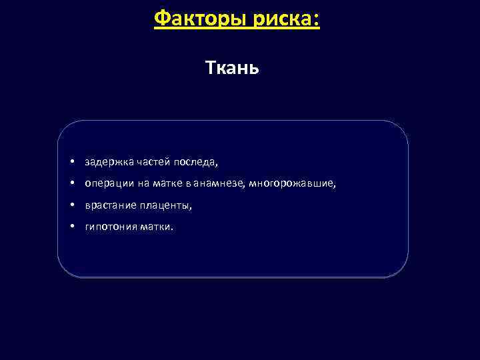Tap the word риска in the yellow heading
(282, 18)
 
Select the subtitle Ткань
(232, 68)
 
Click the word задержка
(109, 162)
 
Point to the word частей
(153, 162)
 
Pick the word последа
(195, 162)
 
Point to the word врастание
(111, 206)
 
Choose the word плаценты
(166, 206)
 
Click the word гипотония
(111, 227)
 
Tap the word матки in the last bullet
(157, 227)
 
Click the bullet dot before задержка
(70, 162)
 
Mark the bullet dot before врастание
(70, 206)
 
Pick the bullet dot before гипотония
(70, 227)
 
